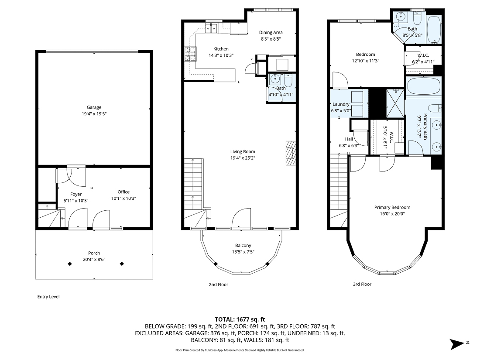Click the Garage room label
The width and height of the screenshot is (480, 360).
coord(94,107)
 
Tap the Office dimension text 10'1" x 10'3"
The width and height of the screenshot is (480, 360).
coord(123,198)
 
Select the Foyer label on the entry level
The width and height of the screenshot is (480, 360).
coord(76,194)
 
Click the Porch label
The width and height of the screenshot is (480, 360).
coord(94,253)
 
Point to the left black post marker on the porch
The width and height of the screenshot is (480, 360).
coord(69,264)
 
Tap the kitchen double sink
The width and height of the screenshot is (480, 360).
coord(212,29)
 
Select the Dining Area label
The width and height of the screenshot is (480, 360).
coord(271,32)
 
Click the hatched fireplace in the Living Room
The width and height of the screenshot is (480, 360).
coord(291,154)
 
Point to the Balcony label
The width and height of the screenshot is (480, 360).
coord(243,246)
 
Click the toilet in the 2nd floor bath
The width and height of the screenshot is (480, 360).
coord(288,81)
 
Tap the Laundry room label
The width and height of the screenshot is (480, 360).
coord(341,104)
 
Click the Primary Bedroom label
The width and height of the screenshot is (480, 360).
coord(392,207)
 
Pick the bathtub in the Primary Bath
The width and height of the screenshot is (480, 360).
coord(423,86)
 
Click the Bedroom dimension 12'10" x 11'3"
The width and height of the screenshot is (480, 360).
coord(365,61)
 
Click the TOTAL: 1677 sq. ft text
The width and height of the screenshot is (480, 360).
coord(240,319)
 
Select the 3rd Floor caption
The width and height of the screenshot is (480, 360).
coord(362,284)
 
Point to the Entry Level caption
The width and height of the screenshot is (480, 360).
coord(48,297)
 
